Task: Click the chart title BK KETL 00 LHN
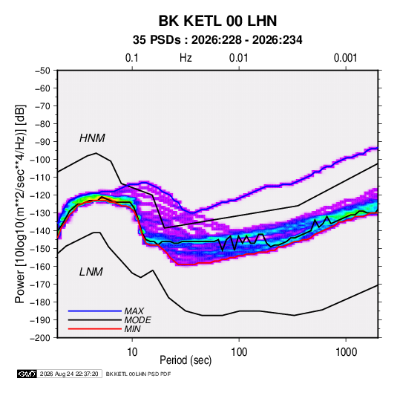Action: pyautogui.click(x=217, y=21)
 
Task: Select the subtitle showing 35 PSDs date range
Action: pyautogui.click(x=217, y=40)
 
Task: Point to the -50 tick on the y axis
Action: pyautogui.click(x=42, y=71)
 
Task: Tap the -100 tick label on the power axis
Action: pyautogui.click(x=41, y=160)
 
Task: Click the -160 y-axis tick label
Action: pyautogui.click(x=41, y=267)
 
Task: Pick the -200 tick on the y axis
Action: pyautogui.click(x=41, y=338)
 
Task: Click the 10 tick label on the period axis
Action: pyautogui.click(x=132, y=352)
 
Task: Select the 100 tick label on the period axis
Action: pyautogui.click(x=239, y=352)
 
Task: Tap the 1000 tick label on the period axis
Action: pyautogui.click(x=346, y=352)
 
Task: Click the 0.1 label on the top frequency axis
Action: pyautogui.click(x=132, y=58)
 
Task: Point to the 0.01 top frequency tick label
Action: pyautogui.click(x=238, y=58)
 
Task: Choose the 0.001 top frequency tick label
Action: pyautogui.click(x=345, y=58)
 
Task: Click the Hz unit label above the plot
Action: pyautogui.click(x=186, y=58)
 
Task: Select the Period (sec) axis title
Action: pyautogui.click(x=186, y=360)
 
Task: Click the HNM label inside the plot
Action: pyautogui.click(x=92, y=138)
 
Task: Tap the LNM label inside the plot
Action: pyautogui.click(x=91, y=272)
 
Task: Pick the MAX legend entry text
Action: pyautogui.click(x=134, y=311)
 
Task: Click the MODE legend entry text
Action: pyautogui.click(x=138, y=320)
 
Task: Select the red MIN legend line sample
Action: pyautogui.click(x=95, y=329)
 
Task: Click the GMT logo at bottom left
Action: pyautogui.click(x=27, y=374)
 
